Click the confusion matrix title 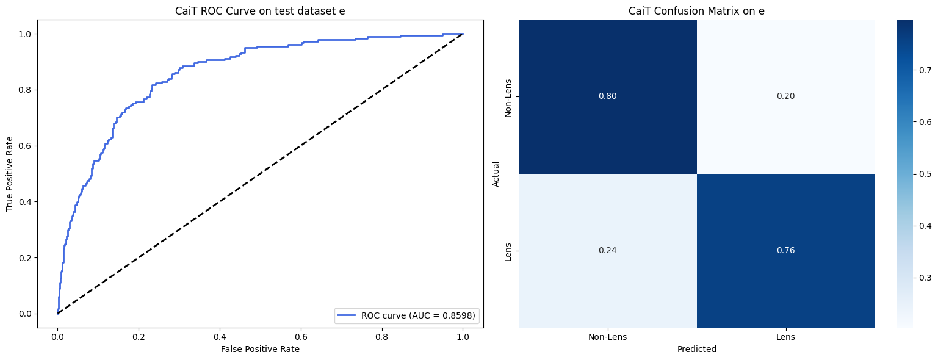[696, 11]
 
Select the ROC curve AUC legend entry [408, 315]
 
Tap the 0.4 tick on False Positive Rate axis [220, 335]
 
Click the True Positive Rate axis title [10, 174]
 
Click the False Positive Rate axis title [260, 349]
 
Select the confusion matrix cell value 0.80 [607, 96]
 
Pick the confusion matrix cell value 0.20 [785, 96]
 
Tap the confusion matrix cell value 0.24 [607, 250]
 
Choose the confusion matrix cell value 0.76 [785, 250]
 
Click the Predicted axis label [696, 349]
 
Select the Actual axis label [496, 174]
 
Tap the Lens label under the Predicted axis [785, 336]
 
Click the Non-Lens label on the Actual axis [508, 96]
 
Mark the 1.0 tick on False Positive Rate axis [463, 335]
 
